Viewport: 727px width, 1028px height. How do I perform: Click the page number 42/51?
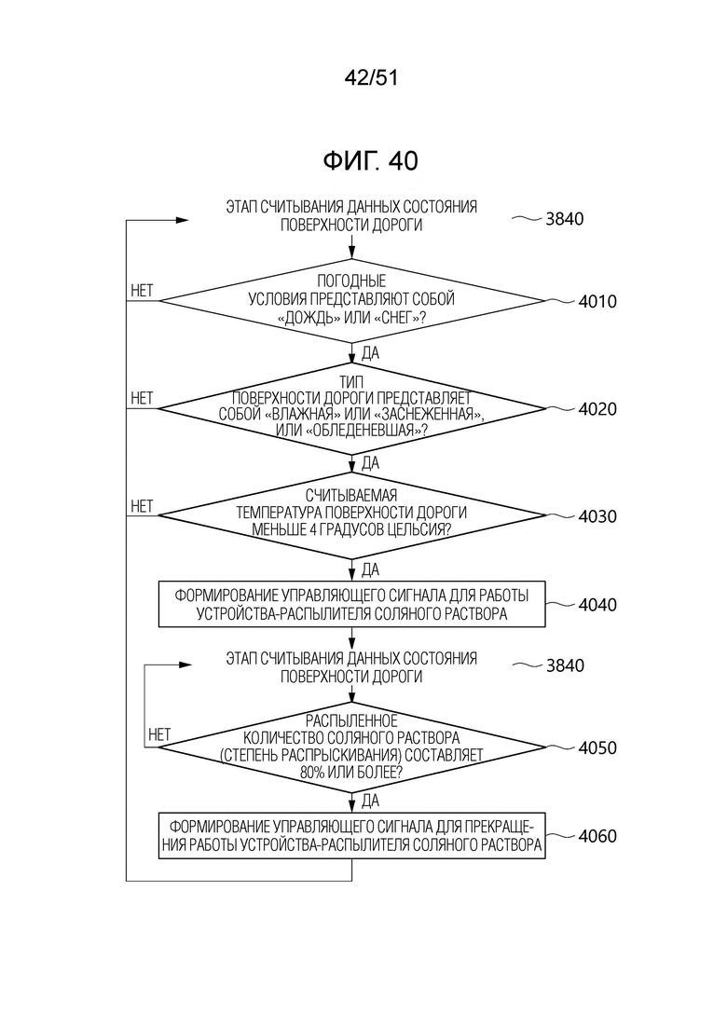click(371, 78)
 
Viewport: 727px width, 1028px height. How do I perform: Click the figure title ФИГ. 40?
click(370, 160)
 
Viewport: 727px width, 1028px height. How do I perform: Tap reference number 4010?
click(597, 302)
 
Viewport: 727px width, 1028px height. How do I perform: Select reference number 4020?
click(597, 409)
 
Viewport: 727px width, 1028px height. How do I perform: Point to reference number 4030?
click(597, 516)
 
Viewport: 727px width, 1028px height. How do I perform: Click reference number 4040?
click(597, 605)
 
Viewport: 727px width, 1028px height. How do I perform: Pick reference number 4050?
click(597, 748)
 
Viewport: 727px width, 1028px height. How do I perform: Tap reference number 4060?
click(597, 836)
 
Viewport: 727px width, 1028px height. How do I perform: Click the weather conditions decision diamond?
click(352, 301)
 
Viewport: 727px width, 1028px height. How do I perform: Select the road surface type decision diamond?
click(352, 409)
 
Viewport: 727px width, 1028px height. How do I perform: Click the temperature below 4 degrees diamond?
click(352, 515)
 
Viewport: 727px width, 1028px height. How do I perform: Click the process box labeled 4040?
click(352, 604)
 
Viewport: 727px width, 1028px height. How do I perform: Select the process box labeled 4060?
click(352, 836)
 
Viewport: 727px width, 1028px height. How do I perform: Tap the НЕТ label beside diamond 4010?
click(142, 291)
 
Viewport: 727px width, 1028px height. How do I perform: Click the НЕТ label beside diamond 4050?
click(159, 735)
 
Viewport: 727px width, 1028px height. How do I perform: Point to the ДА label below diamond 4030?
click(370, 569)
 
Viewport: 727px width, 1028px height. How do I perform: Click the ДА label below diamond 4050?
click(370, 801)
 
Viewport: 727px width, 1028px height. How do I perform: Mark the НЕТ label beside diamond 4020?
click(142, 398)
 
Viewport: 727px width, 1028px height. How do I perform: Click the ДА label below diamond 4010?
click(370, 353)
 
